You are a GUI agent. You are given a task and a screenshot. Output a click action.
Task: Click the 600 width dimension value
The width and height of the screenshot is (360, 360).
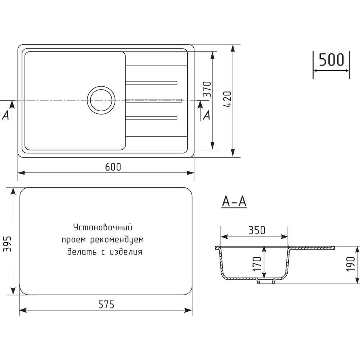tap(113, 167)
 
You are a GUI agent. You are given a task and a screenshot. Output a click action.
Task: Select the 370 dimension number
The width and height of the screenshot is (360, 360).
tap(207, 89)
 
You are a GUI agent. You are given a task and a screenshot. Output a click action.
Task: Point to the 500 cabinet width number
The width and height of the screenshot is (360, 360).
tap(332, 60)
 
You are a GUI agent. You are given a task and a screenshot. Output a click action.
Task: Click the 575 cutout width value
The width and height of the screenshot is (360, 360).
tap(106, 305)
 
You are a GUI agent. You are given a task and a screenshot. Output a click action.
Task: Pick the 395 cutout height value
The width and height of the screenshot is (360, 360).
tap(7, 244)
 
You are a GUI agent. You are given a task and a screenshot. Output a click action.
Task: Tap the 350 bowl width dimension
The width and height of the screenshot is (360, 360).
tap(257, 230)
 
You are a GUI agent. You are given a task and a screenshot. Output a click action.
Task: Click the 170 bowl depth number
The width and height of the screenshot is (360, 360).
tap(257, 264)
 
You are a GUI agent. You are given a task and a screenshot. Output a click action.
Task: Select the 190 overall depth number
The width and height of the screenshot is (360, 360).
tap(351, 264)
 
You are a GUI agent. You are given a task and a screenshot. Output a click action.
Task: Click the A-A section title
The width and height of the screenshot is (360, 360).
tap(234, 202)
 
